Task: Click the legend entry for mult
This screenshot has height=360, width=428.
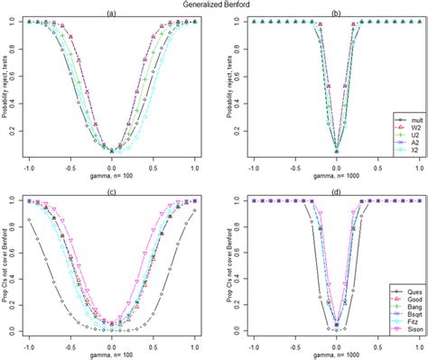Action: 403,118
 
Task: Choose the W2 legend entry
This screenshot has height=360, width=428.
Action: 403,128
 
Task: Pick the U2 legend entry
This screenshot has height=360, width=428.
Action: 403,137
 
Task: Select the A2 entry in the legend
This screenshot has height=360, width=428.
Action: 403,147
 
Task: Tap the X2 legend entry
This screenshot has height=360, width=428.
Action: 403,156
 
